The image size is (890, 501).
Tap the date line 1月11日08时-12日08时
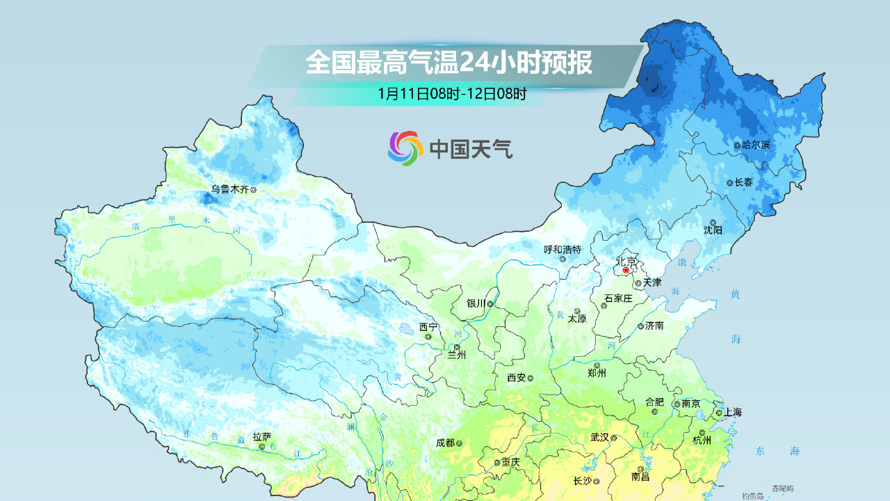coord(452,93)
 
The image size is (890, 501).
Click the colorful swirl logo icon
coord(405,148)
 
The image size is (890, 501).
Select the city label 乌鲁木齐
coord(230,189)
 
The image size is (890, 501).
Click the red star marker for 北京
coord(626,270)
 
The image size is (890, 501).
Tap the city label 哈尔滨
coord(756,145)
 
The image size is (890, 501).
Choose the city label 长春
coord(743,182)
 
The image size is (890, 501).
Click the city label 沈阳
coord(713,230)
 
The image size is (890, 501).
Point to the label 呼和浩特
coord(562,249)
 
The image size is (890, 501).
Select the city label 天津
coord(652,283)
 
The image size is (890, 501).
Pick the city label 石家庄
coord(618,299)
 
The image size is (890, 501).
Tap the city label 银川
coord(476,304)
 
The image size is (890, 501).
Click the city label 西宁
coord(428,327)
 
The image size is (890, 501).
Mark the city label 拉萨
coord(262,437)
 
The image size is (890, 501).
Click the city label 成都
coord(445,443)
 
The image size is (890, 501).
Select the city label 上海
coord(733,413)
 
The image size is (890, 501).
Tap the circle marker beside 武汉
coord(614,438)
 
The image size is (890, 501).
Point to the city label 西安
coord(516,378)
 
